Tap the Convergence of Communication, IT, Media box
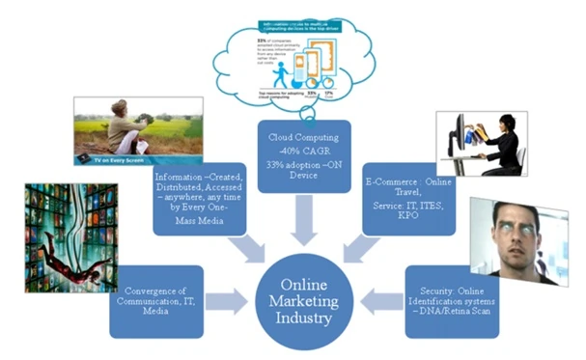156,300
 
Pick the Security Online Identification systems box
452,300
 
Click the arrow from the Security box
384,300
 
